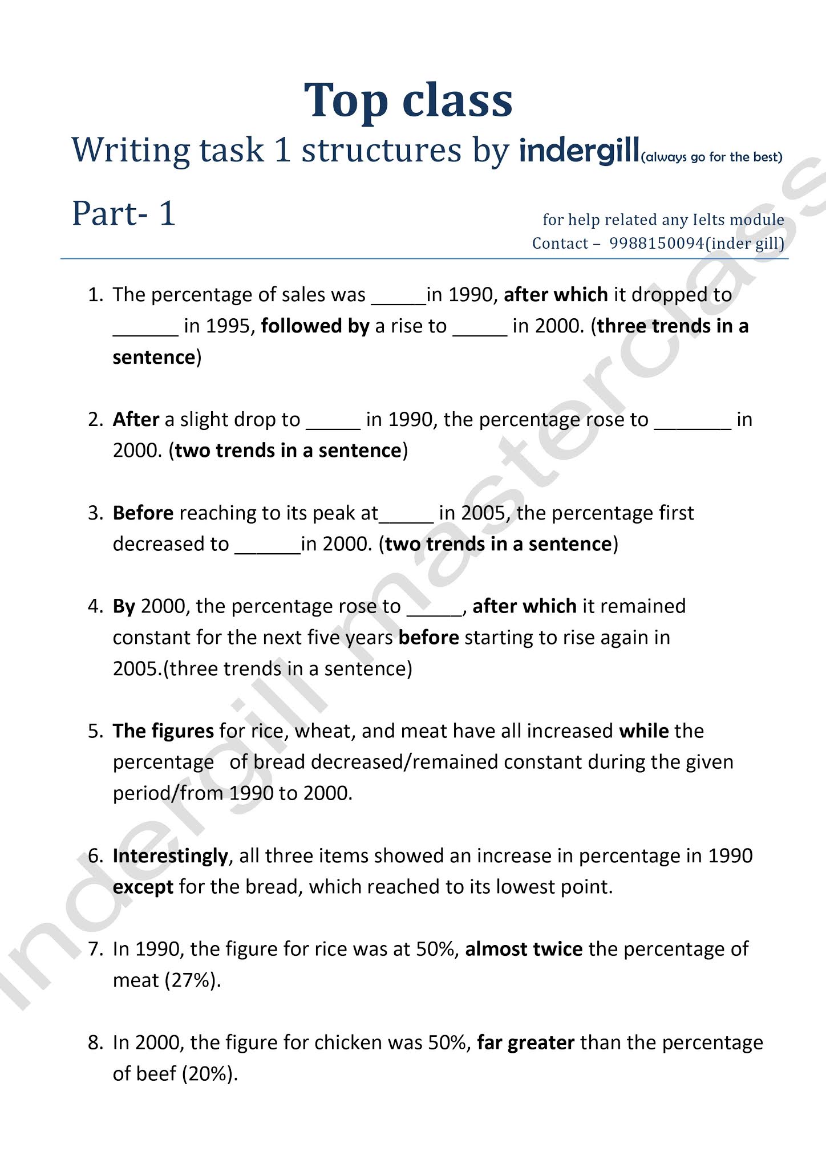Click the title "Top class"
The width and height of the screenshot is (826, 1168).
(408, 100)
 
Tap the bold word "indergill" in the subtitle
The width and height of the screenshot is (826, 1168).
(578, 150)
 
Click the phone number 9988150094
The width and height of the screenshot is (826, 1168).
(656, 244)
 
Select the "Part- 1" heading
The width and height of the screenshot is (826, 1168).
(123, 213)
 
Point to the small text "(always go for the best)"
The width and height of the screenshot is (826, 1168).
(711, 157)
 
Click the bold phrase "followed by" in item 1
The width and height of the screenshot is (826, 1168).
(315, 326)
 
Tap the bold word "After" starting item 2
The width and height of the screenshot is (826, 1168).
(136, 419)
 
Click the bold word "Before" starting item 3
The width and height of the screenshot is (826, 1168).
(143, 513)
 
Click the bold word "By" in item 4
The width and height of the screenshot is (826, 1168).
(124, 606)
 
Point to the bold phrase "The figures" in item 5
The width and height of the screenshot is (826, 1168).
(163, 731)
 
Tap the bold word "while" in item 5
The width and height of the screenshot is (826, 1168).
(644, 731)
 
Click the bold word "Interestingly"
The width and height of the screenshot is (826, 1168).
(170, 855)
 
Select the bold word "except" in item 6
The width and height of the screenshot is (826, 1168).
(143, 887)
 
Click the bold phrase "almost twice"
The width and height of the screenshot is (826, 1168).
(524, 949)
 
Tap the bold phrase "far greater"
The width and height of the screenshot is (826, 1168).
(525, 1043)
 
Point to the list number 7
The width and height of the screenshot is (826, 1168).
(95, 949)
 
